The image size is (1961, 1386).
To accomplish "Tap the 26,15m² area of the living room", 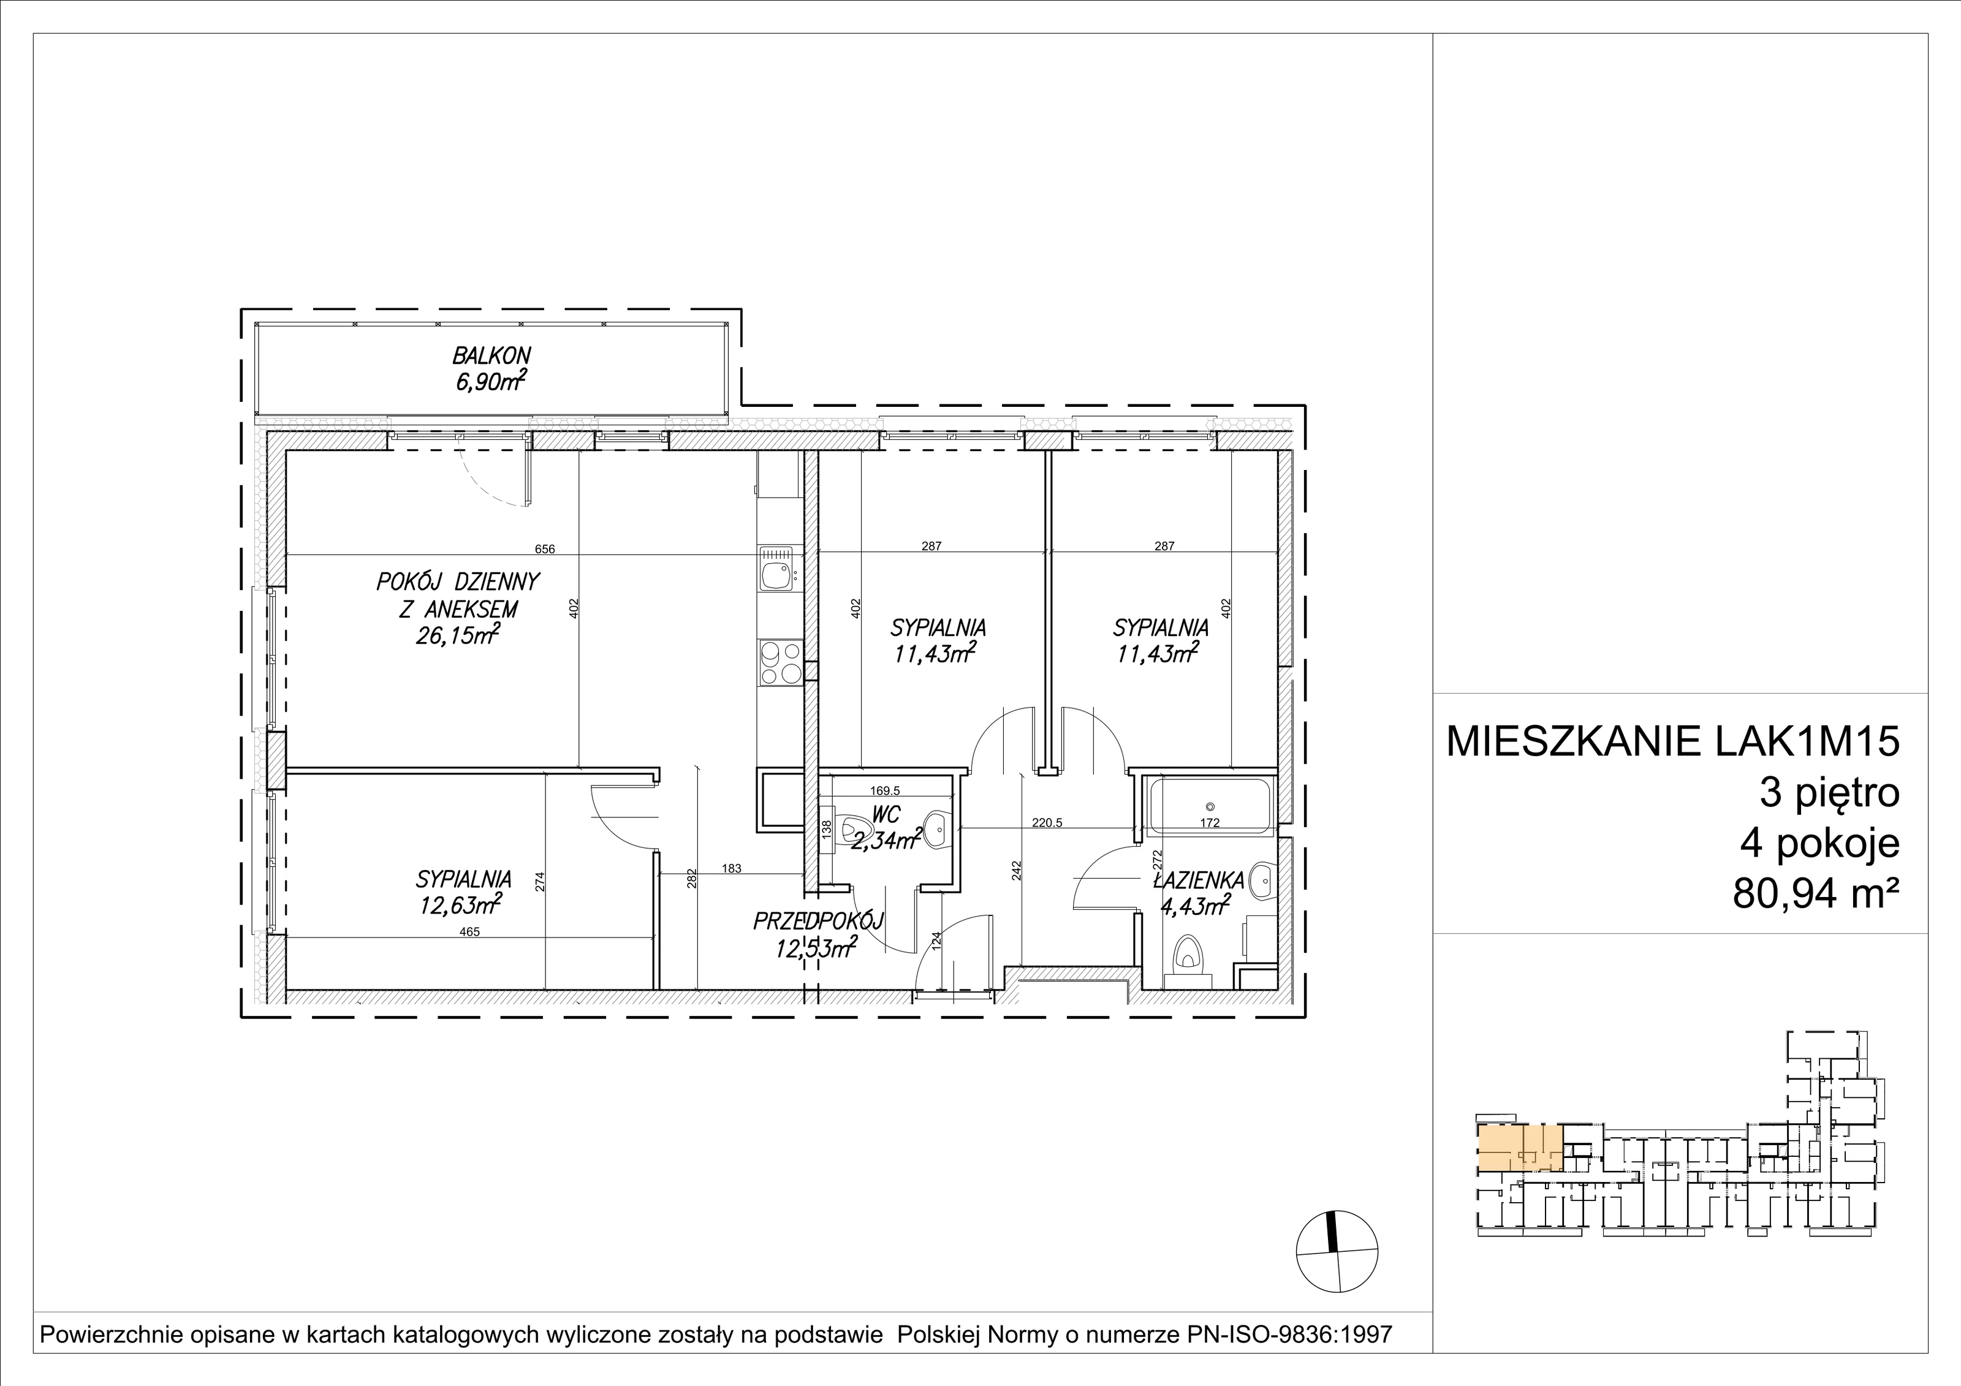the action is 458,635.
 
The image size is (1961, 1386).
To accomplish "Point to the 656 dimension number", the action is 545,549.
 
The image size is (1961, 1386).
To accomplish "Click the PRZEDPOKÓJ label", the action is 817,920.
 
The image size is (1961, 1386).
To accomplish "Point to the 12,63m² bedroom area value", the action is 460,904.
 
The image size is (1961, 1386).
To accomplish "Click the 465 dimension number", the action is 470,932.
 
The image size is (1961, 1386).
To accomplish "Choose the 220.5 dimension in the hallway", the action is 1047,824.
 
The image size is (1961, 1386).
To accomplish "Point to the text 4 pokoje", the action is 1820,844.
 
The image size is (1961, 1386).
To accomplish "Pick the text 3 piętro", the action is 1829,793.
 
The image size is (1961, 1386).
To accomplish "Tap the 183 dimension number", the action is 731,868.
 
